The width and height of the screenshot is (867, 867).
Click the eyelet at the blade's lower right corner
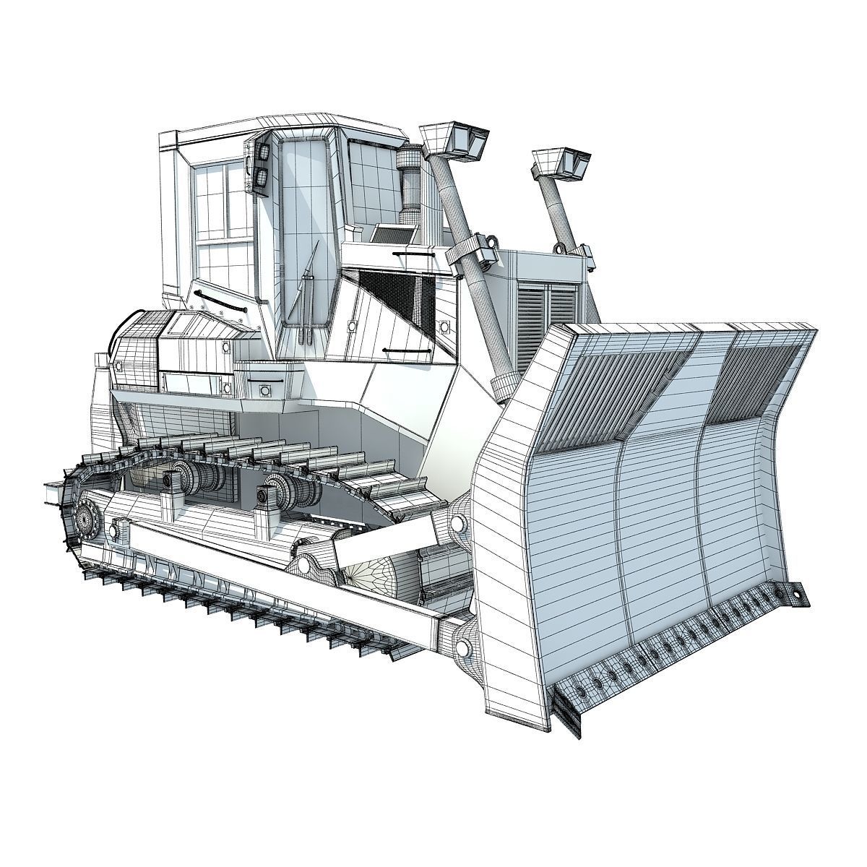pos(796,594)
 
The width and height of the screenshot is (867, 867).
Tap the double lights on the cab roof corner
pos(260,165)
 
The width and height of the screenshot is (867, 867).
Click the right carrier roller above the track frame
pos(288,489)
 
